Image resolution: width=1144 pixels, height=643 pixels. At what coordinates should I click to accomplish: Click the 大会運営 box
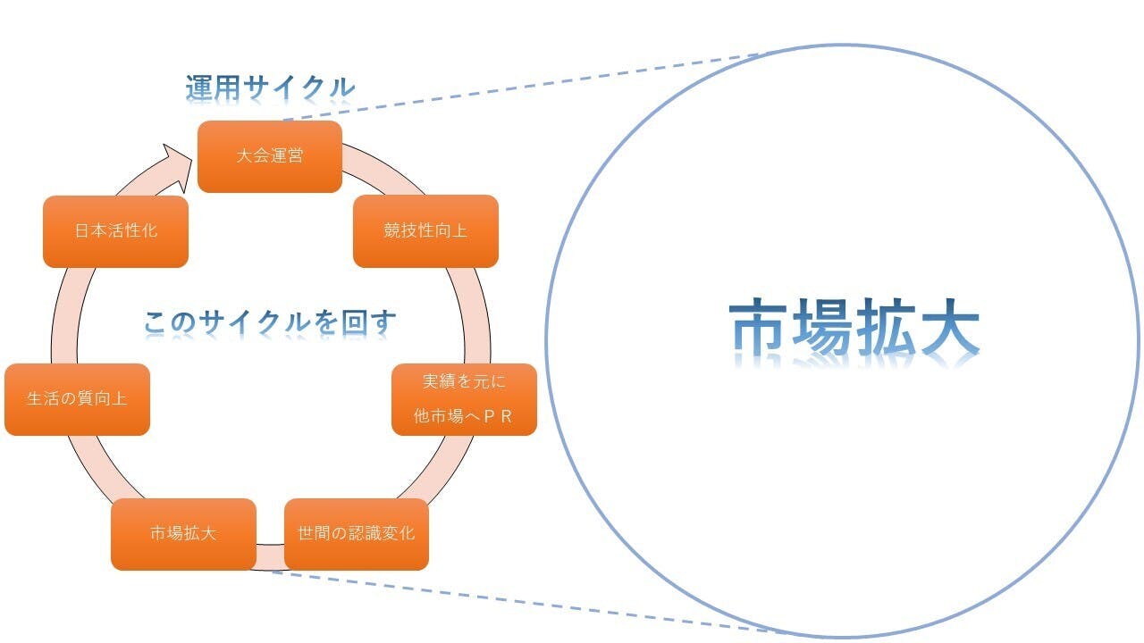[270, 156]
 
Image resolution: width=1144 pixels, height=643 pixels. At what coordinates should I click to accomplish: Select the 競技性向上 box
[425, 231]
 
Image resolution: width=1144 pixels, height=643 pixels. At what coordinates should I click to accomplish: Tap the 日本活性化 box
[115, 231]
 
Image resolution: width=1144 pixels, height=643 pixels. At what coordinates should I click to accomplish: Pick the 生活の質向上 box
[77, 399]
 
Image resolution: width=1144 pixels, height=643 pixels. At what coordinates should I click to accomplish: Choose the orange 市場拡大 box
[183, 534]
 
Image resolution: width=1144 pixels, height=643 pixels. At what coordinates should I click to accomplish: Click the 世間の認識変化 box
[357, 534]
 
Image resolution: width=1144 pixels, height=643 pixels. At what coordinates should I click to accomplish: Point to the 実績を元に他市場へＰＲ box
[464, 399]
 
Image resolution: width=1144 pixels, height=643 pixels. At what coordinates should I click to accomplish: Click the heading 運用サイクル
[270, 88]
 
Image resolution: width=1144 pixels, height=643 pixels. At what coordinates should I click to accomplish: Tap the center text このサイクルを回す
[270, 322]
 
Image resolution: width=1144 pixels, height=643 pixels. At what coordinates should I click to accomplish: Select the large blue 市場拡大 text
[854, 327]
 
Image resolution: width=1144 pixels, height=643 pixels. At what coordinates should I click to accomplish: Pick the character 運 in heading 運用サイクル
[198, 88]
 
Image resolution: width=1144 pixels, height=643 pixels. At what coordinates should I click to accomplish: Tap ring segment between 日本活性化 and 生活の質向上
[66, 315]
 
